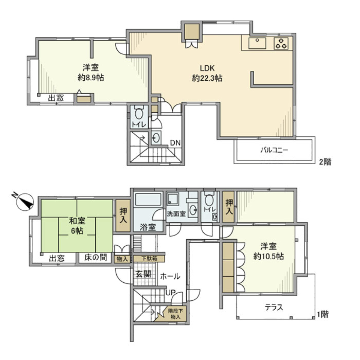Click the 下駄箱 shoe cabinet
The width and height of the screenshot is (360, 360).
150,258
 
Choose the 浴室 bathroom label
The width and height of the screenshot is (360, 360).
147,227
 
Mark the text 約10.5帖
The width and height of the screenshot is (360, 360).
268,256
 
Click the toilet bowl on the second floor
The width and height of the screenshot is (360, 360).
139,113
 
